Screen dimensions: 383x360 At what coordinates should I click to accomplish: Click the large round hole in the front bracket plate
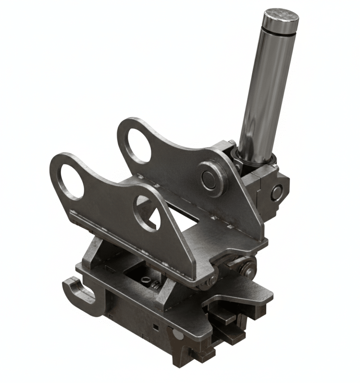[x=71, y=181]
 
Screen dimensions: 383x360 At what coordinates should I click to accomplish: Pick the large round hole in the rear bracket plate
[x=139, y=145]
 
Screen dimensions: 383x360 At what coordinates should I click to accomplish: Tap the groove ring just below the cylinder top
[x=280, y=27]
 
